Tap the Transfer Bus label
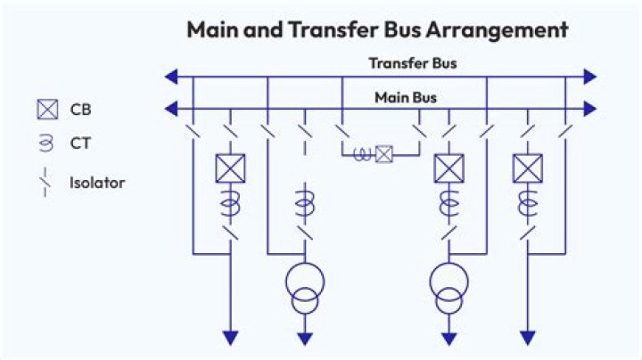[x=413, y=63]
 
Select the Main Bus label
[x=406, y=98]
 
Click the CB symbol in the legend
[x=47, y=110]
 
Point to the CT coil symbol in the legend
[x=45, y=143]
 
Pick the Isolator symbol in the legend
[x=45, y=182]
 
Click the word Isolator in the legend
[x=97, y=183]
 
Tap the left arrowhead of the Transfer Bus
[x=171, y=77]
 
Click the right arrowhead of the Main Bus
[x=590, y=109]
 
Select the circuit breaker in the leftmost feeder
[x=231, y=168]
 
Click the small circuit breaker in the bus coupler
[x=384, y=154]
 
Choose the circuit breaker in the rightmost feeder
[x=528, y=168]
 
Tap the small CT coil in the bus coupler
[x=362, y=155]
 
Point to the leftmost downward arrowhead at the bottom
[x=231, y=339]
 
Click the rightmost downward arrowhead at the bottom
[x=528, y=339]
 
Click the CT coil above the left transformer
[x=305, y=202]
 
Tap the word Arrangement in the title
[x=497, y=30]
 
